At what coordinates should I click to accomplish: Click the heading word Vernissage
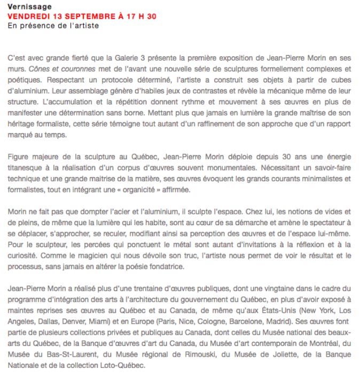coord(29,7)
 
